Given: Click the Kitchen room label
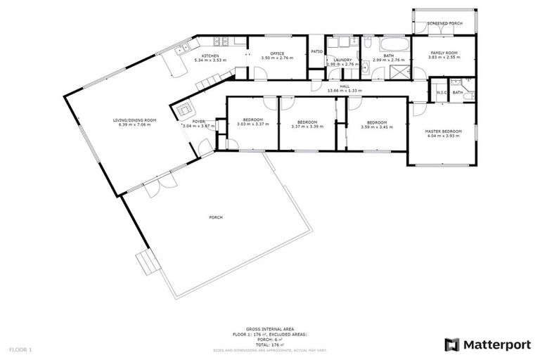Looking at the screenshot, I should tap(211, 55).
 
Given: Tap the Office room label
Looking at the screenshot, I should tap(276, 53).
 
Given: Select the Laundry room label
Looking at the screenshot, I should tap(342, 60).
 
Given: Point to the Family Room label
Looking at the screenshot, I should tap(444, 53).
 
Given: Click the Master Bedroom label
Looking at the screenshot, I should tap(444, 131).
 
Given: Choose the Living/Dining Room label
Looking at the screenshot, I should tap(134, 120).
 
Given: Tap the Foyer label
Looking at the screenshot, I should tap(199, 121).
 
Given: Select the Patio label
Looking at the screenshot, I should tap(316, 51).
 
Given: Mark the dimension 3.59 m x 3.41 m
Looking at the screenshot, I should tap(376, 127).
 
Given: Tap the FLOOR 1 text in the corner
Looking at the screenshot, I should tap(20, 349).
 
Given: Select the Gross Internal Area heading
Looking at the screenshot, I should tap(264, 328).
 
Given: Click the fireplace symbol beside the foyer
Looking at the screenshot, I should tap(184, 110).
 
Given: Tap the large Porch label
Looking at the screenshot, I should tap(216, 217).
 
